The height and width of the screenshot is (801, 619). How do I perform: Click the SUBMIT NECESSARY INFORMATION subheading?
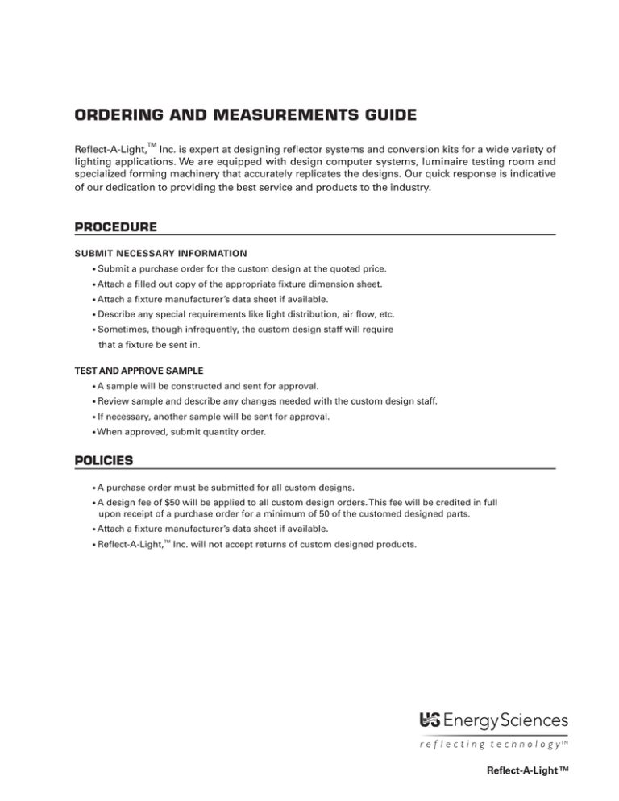pyautogui.click(x=150, y=253)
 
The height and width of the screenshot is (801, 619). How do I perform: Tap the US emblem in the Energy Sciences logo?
pyautogui.click(x=430, y=718)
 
